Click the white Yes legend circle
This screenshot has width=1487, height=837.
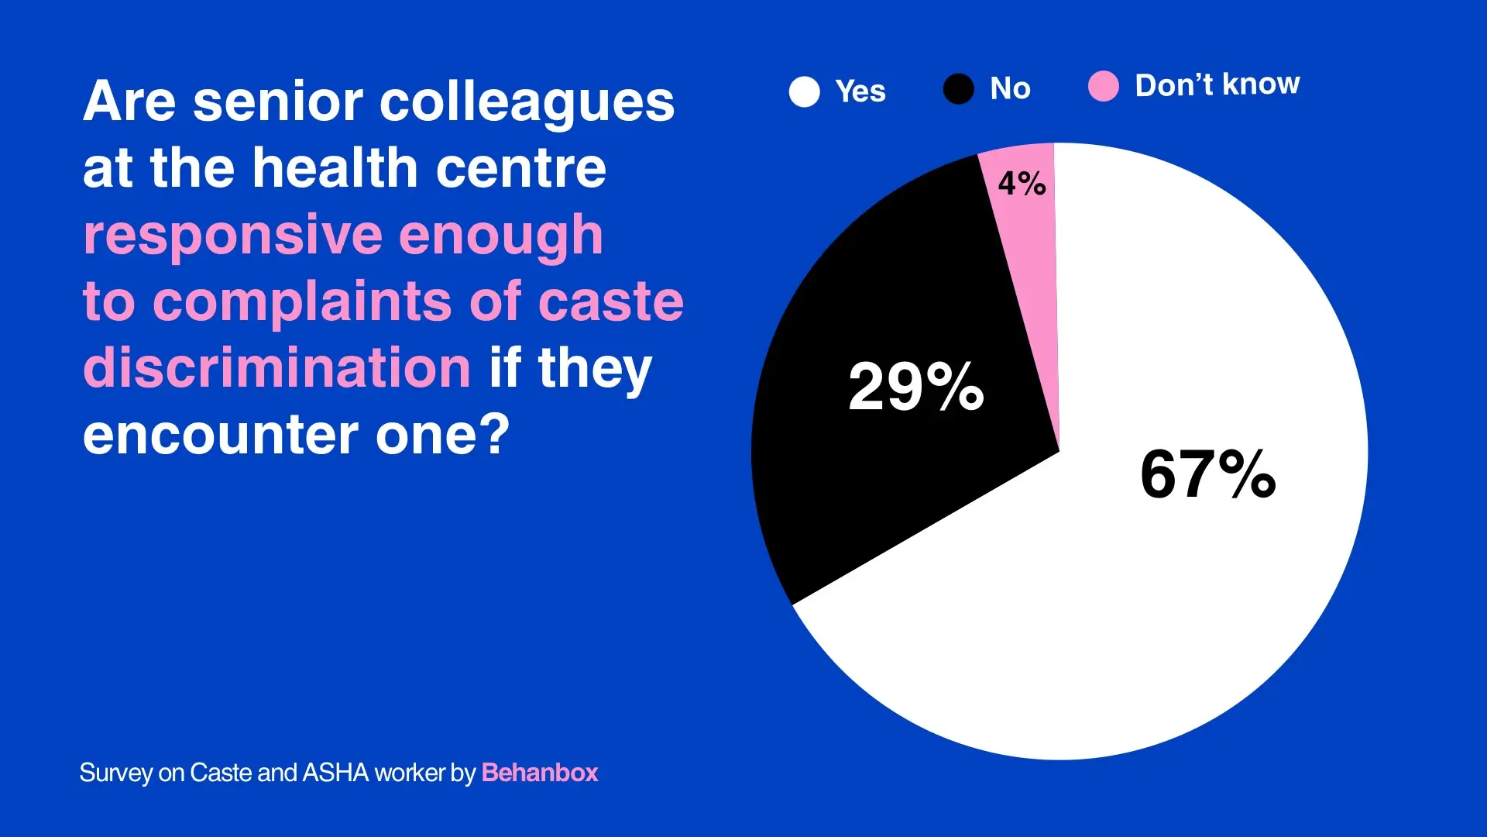(x=804, y=91)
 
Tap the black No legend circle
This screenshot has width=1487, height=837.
(x=958, y=89)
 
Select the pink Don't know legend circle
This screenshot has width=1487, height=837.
(x=1103, y=86)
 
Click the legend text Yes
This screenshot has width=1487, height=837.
(x=860, y=91)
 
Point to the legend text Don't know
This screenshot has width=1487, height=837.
(x=1217, y=84)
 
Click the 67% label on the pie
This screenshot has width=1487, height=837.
(x=1207, y=474)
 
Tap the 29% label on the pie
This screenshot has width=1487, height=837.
(x=916, y=386)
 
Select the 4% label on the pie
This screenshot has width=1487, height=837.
(x=1022, y=184)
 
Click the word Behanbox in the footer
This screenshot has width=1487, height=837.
(x=540, y=773)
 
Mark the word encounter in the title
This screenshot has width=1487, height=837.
(x=221, y=436)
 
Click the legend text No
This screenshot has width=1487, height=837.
(x=1011, y=88)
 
